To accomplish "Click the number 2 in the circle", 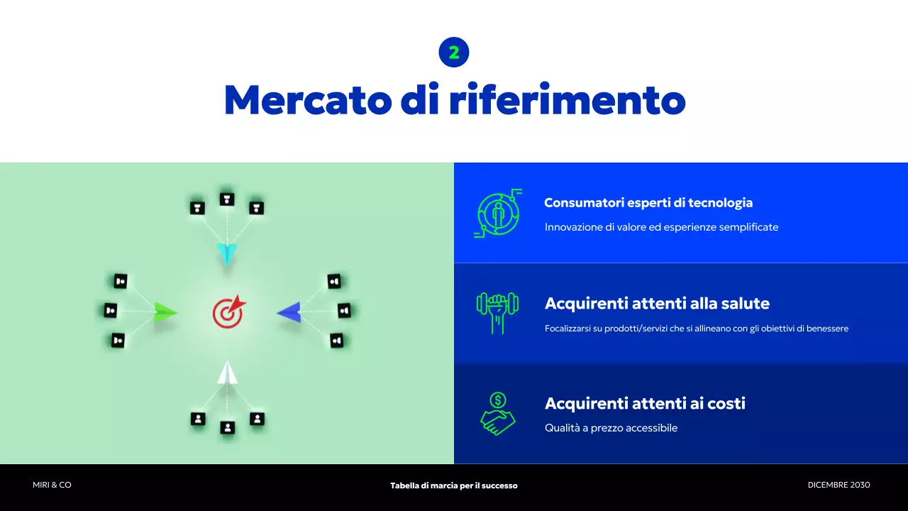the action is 454,53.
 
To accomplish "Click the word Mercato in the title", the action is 308,100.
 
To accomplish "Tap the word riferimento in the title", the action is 567,99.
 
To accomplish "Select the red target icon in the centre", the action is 229,312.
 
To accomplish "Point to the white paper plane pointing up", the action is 228,373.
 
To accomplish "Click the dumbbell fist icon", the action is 497,313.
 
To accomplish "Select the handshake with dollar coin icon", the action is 498,414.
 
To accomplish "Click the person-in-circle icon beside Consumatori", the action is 498,214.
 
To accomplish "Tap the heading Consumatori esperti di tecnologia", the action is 648,202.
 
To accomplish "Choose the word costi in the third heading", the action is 726,404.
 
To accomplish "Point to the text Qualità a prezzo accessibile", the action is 611,428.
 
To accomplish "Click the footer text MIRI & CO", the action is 52,485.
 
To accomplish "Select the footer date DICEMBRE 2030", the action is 838,485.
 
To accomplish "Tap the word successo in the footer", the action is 499,485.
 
